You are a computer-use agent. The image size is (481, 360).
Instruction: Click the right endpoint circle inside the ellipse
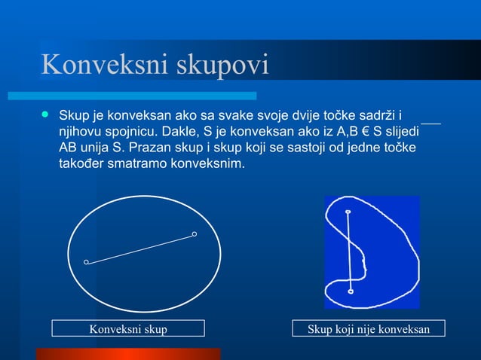195,234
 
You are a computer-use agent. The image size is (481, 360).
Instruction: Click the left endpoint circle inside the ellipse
87,262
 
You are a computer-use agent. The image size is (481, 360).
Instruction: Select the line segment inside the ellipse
141,249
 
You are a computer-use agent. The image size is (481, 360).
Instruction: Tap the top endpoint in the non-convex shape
348,212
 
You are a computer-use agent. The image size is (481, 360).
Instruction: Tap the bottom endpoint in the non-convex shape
351,291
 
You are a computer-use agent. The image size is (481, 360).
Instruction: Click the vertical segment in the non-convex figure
349,252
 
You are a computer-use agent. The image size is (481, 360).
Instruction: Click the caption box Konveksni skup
128,329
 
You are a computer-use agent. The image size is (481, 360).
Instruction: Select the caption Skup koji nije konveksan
368,329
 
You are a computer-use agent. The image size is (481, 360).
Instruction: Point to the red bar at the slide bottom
128,354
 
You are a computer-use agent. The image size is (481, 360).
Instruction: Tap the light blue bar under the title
132,96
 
